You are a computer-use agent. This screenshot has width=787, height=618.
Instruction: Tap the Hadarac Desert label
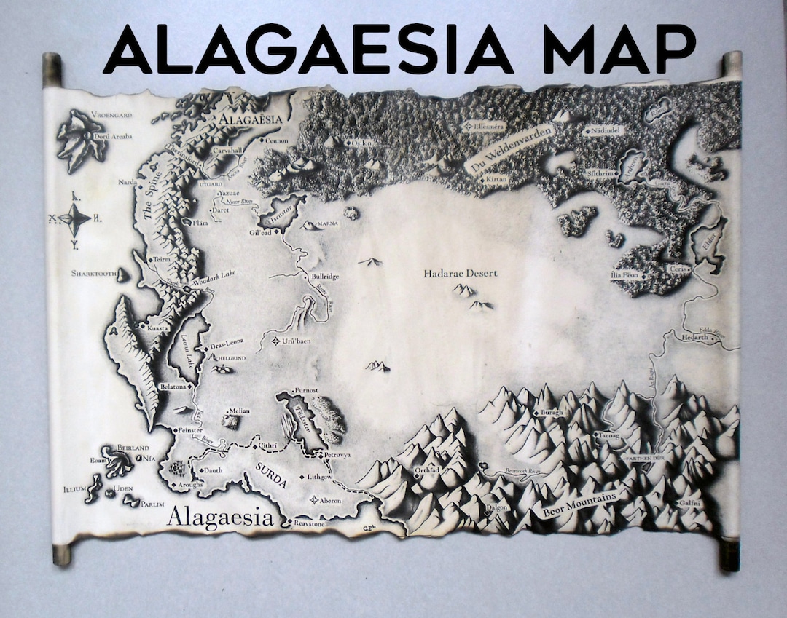pyautogui.click(x=461, y=273)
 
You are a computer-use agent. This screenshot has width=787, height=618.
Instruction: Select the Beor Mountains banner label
pyautogui.click(x=579, y=503)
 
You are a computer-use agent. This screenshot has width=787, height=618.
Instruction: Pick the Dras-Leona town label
pyautogui.click(x=227, y=343)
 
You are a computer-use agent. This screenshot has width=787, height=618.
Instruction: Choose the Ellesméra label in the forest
pyautogui.click(x=489, y=126)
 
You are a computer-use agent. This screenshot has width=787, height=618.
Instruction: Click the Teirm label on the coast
pyautogui.click(x=163, y=259)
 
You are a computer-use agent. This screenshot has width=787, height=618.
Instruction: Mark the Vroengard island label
pyautogui.click(x=90, y=114)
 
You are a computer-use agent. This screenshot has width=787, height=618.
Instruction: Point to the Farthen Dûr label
pyautogui.click(x=642, y=459)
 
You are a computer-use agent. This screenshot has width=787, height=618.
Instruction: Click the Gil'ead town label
pyautogui.click(x=260, y=232)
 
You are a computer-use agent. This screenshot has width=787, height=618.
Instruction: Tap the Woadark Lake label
pyautogui.click(x=219, y=274)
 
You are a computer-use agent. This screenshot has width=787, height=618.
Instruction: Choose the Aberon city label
pyautogui.click(x=330, y=500)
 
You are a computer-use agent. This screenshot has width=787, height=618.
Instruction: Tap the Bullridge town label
pyautogui.click(x=325, y=277)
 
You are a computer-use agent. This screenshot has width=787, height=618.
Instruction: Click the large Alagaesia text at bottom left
pyautogui.click(x=220, y=518)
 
